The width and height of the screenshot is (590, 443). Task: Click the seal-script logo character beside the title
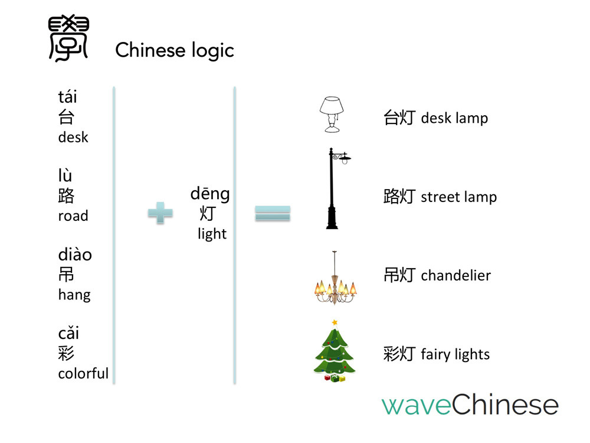coord(67,39)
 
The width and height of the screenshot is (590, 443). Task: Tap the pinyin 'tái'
coord(68,97)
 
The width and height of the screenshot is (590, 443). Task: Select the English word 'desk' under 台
coord(73,137)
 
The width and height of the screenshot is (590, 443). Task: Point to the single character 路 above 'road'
coord(66,196)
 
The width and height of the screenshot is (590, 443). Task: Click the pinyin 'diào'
coord(75,255)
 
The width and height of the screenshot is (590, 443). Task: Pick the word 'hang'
coord(74,294)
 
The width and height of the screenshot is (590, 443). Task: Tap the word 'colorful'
coord(83,373)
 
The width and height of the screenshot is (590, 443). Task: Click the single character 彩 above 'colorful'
coord(66,353)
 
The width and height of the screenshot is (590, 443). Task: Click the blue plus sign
coord(160,213)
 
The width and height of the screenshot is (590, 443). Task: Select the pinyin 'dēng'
coord(210,194)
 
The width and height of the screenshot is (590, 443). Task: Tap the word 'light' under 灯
coord(212,234)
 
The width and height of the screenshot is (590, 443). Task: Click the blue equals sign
coord(273,213)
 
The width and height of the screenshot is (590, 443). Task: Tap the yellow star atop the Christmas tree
coord(335,323)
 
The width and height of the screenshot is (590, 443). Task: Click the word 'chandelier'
coord(455,275)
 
